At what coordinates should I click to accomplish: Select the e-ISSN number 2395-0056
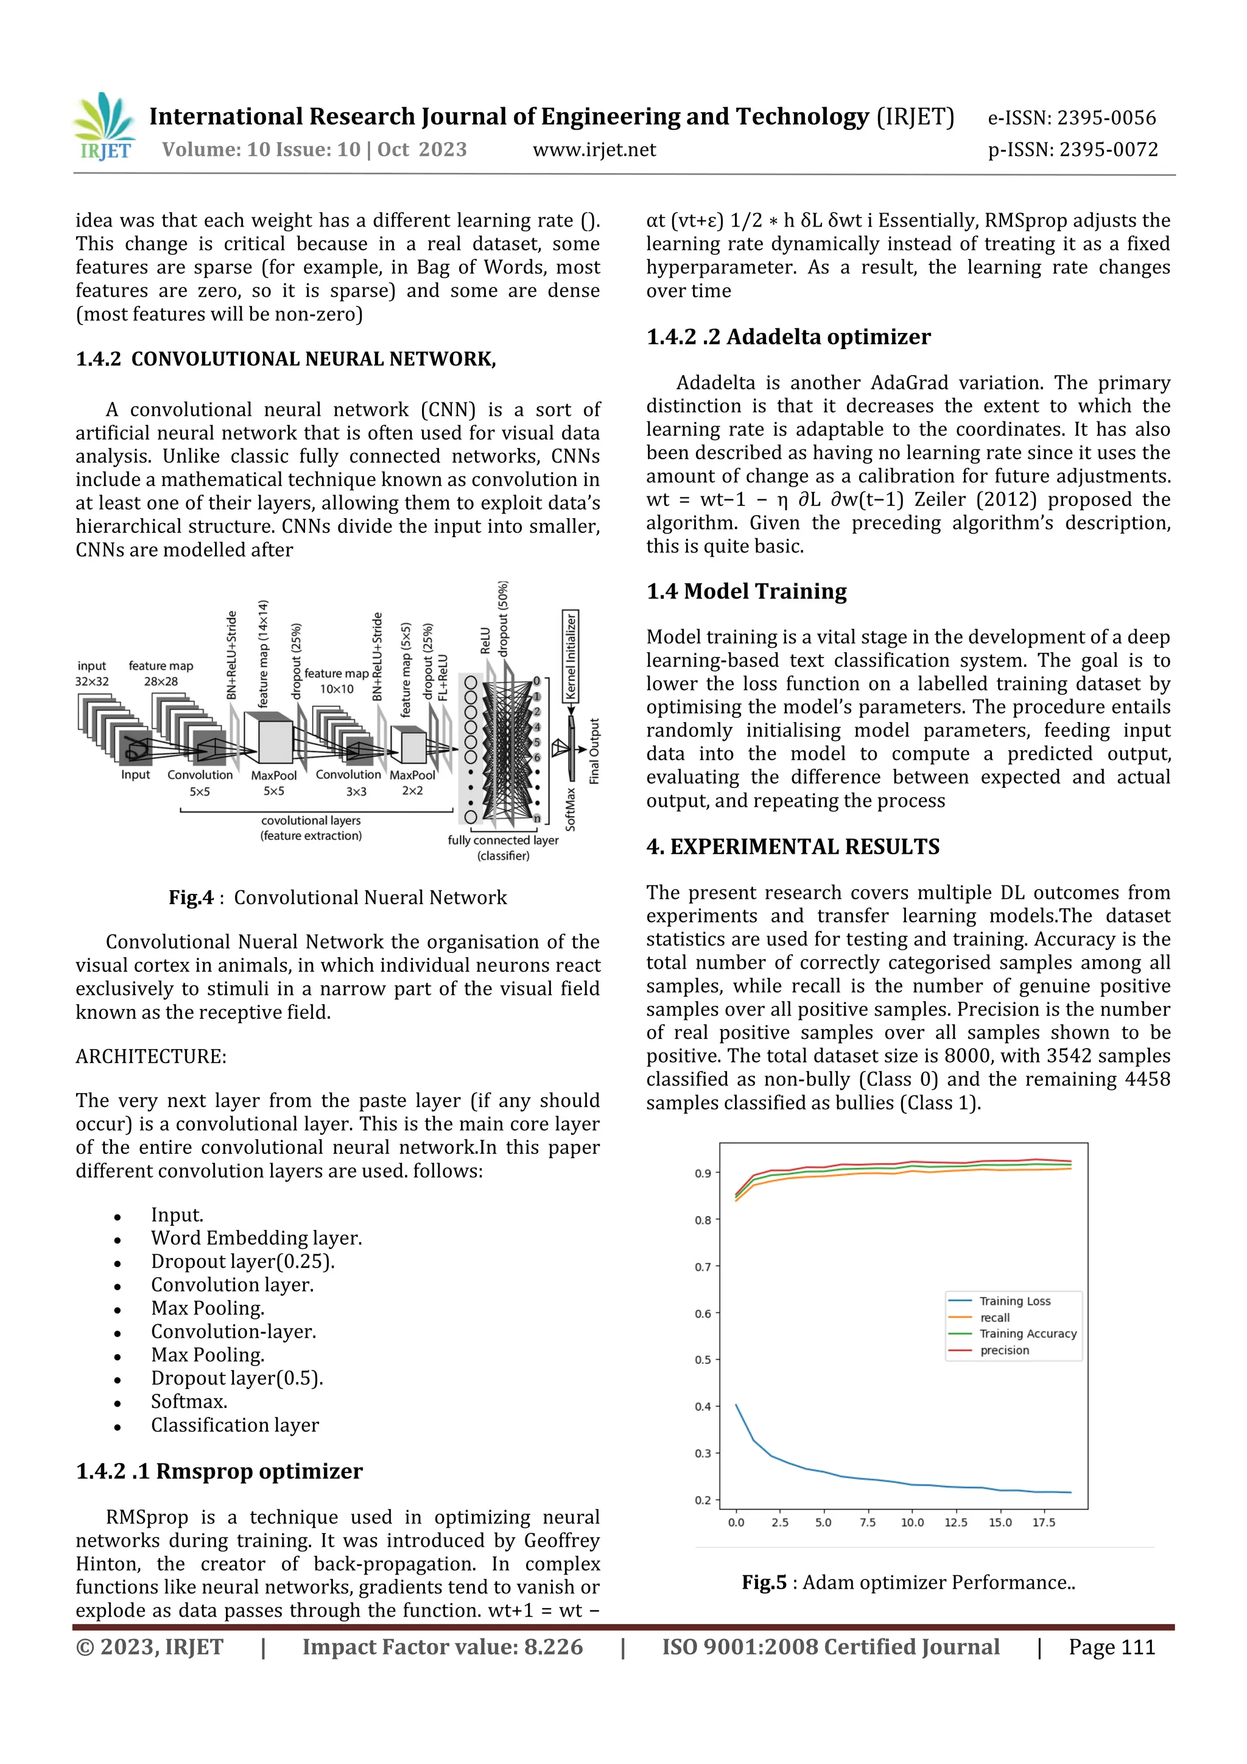click(x=1072, y=118)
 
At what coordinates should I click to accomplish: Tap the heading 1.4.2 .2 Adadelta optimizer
click(x=789, y=337)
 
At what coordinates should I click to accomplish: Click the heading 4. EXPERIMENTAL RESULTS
click(x=792, y=846)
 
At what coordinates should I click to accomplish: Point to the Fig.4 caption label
click(x=191, y=898)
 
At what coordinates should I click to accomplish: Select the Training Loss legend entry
click(x=1014, y=1301)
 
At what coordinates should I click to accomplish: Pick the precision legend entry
click(x=1004, y=1350)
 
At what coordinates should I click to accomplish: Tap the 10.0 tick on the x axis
click(x=912, y=1523)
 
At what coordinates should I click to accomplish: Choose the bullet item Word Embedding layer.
click(x=256, y=1238)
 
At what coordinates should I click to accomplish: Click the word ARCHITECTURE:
click(x=150, y=1056)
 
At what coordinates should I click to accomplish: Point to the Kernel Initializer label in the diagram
click(x=570, y=656)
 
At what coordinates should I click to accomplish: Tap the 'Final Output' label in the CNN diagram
click(x=594, y=751)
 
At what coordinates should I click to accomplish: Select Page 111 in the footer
click(x=1111, y=1647)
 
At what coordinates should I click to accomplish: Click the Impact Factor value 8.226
click(x=442, y=1647)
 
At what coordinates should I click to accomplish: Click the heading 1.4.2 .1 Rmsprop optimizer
click(x=219, y=1471)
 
